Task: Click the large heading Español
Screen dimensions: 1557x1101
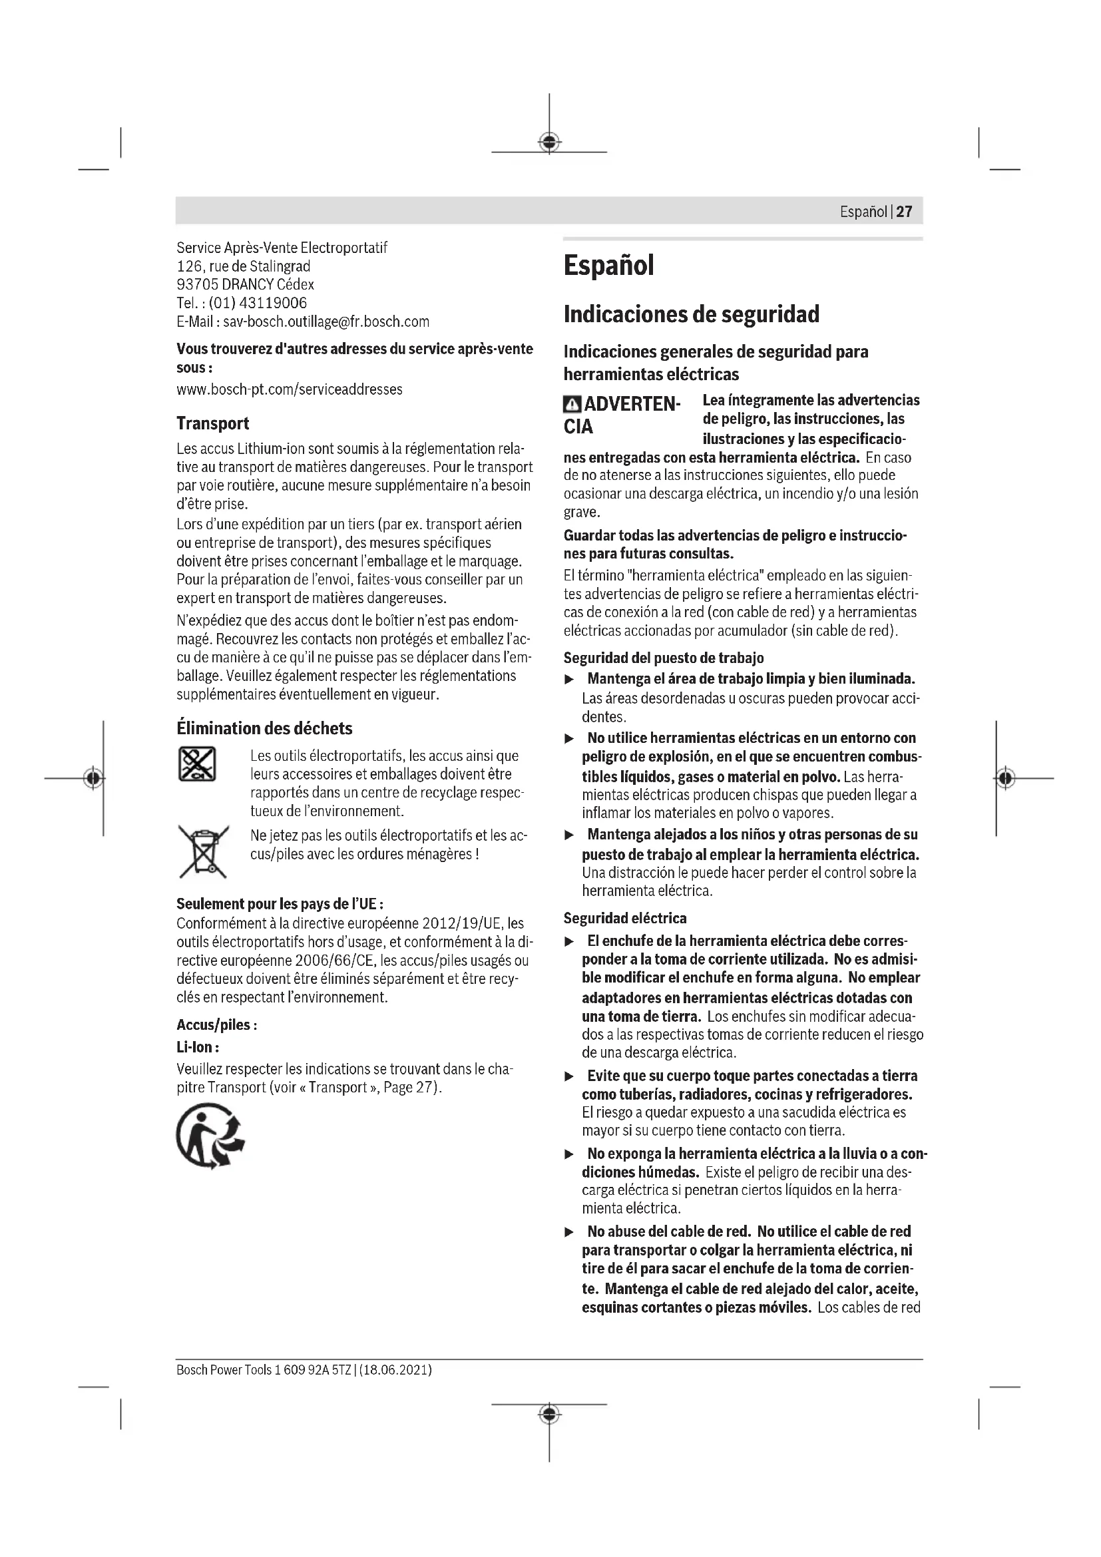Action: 608,265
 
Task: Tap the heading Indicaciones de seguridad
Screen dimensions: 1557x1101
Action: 691,314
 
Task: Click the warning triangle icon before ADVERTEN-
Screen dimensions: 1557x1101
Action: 572,405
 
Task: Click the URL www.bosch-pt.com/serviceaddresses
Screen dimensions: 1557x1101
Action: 289,389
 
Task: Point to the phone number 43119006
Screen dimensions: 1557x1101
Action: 273,303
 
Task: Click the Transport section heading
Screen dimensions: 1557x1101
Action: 212,424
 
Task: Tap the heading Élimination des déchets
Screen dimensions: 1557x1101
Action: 264,728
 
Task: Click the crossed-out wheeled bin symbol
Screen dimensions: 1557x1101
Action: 202,851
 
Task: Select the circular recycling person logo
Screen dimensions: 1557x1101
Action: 210,1136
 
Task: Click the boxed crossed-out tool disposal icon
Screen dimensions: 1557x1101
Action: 197,764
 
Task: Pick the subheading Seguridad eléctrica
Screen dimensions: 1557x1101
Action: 624,918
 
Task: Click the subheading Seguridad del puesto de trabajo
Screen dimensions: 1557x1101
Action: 663,658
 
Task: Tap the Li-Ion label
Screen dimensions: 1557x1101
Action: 196,1047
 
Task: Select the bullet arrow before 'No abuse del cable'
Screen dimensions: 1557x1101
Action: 570,1232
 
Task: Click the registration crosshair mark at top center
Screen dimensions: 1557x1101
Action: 549,142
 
